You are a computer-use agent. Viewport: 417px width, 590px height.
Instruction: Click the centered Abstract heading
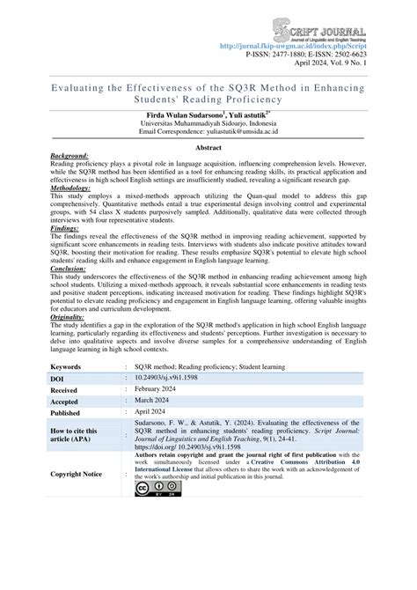pyautogui.click(x=208, y=150)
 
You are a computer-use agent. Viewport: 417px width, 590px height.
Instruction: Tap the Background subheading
pyautogui.click(x=76, y=156)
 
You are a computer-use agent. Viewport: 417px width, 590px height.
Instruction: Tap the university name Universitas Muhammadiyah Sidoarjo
pyautogui.click(x=209, y=123)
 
